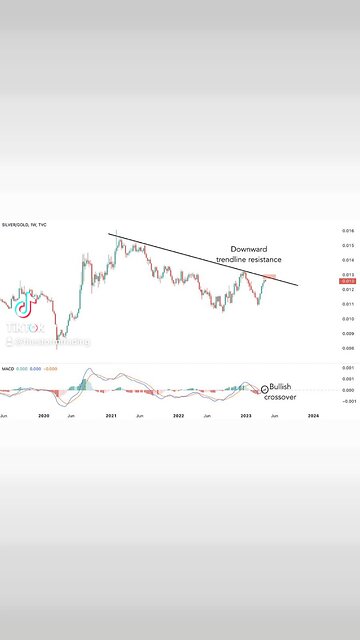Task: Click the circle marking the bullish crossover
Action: [265, 388]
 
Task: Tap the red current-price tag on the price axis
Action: [347, 282]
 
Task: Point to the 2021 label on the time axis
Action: [112, 413]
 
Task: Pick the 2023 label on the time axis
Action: [246, 413]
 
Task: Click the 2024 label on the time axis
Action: [313, 413]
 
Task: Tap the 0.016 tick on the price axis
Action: [347, 229]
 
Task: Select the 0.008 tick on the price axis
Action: [347, 347]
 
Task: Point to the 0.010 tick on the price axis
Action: [347, 318]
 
